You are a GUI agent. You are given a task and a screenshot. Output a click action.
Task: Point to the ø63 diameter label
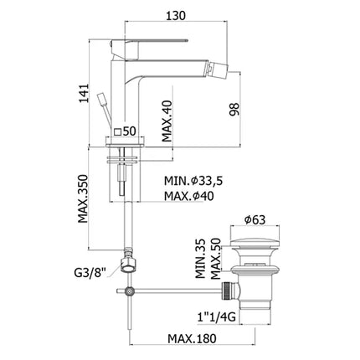pyautogui.click(x=258, y=222)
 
